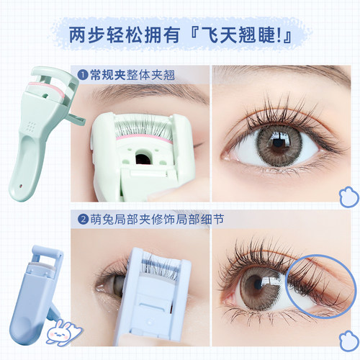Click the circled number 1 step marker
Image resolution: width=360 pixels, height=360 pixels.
(83, 75)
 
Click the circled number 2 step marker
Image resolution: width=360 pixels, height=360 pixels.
(83, 220)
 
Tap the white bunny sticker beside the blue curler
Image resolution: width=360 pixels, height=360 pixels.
(62, 332)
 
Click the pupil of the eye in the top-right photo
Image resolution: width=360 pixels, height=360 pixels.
(278, 143)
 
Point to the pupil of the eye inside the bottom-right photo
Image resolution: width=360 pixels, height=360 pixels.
(258, 284)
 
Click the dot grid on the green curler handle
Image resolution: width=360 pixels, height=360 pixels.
(30, 126)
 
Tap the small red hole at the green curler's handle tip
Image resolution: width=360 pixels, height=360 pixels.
(20, 186)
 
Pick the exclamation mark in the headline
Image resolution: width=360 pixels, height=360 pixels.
(279, 35)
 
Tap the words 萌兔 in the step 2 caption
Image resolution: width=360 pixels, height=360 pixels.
(102, 220)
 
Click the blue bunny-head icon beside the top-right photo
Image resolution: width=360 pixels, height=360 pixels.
(349, 197)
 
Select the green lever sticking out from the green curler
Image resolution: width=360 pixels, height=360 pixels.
(76, 120)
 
